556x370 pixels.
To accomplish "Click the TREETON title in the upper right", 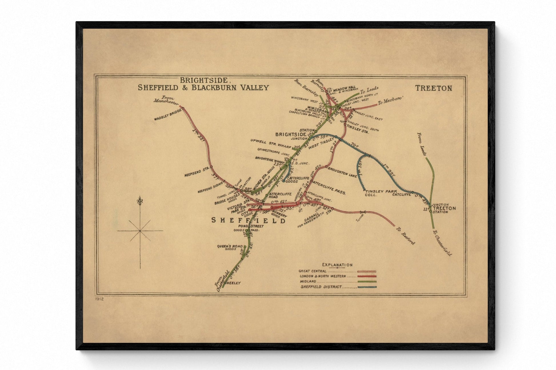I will (x=433, y=88).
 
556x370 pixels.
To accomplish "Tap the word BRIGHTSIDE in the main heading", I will (x=203, y=80).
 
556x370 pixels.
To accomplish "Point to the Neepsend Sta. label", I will (x=197, y=172).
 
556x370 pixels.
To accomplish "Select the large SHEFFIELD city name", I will (x=248, y=220).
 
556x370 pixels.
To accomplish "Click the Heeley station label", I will (x=234, y=283).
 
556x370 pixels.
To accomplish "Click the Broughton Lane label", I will (x=342, y=172).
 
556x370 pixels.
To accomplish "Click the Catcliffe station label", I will (x=401, y=195).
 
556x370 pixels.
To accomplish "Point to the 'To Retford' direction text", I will (x=405, y=236).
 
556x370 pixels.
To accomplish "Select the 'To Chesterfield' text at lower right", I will (x=442, y=243).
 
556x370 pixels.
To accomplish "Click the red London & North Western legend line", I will (x=367, y=276).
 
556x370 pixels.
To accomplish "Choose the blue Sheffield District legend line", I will (x=367, y=287).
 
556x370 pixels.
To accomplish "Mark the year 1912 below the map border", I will (x=100, y=299).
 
